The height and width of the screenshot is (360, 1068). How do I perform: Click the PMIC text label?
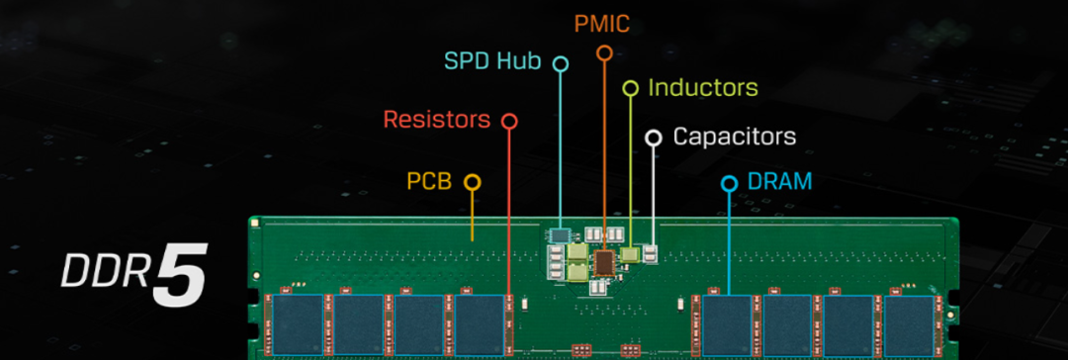603,21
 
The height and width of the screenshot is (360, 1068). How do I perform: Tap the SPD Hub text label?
491,62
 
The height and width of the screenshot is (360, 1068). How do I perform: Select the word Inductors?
703,88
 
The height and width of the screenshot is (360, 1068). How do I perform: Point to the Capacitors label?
734,136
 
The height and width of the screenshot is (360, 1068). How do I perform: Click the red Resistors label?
436,121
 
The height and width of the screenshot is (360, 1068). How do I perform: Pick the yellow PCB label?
429,182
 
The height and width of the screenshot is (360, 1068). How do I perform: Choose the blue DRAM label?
780,182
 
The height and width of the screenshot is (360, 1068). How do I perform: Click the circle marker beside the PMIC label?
604,51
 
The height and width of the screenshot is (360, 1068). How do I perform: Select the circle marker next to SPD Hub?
561,63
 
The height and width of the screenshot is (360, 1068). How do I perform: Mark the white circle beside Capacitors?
653,136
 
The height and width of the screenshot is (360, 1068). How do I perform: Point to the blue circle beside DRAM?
729,183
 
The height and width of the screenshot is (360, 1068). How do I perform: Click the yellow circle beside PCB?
473,182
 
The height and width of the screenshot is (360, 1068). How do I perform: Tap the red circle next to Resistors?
509,121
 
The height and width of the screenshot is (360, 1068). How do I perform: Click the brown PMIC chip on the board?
604,260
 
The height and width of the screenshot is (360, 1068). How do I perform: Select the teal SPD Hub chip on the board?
561,235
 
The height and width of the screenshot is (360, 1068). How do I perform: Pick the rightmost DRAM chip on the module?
908,323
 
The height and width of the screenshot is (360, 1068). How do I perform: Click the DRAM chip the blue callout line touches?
728,323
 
